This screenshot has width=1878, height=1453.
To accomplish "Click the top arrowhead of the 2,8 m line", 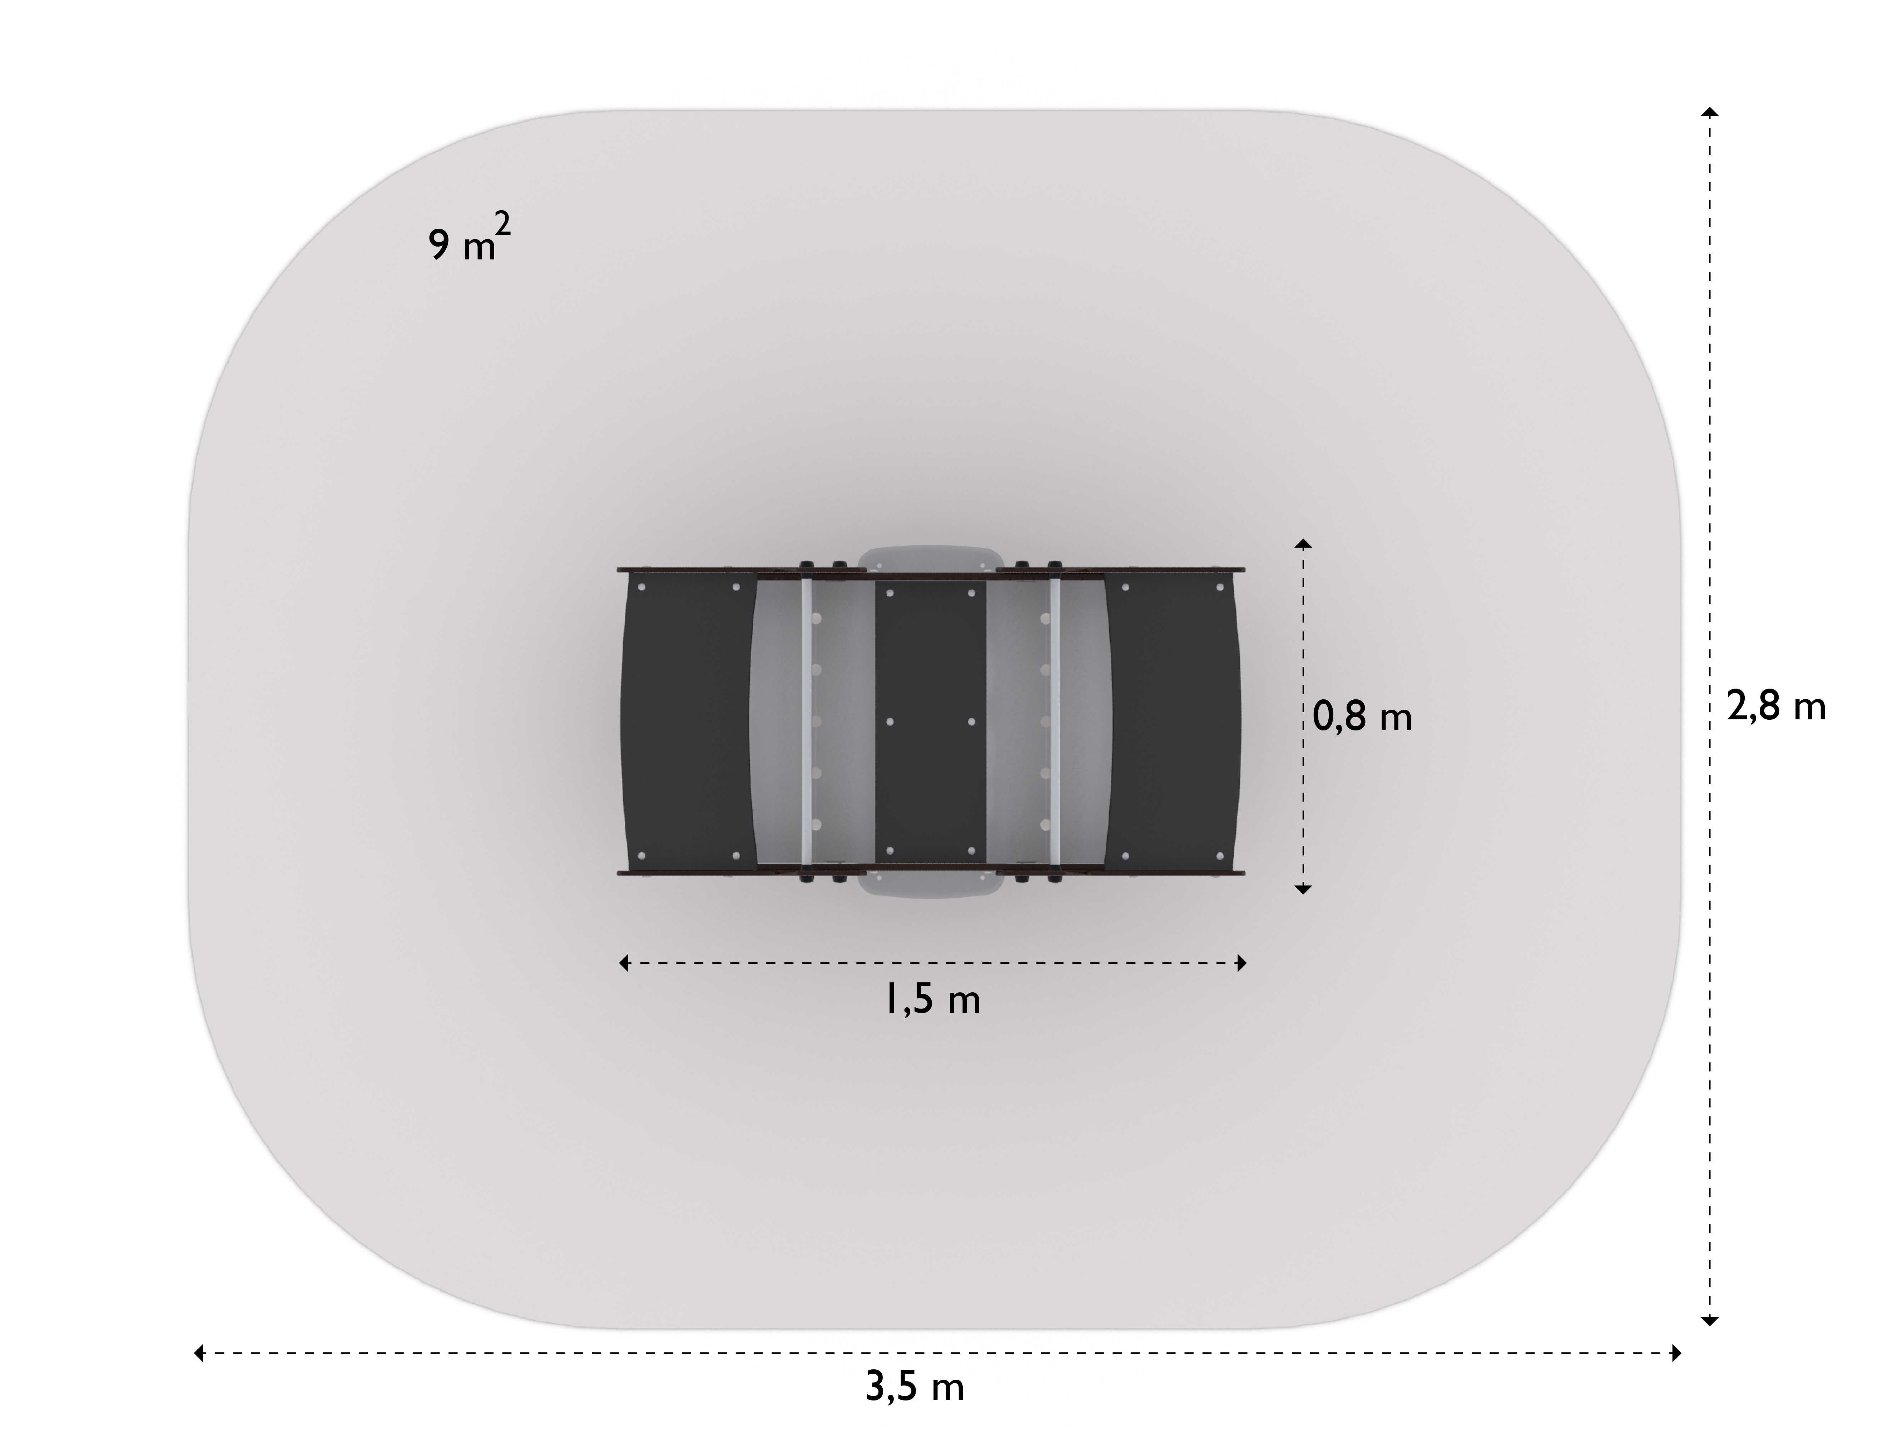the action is click(x=1709, y=112).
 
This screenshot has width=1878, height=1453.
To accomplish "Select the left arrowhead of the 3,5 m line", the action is click(x=199, y=1353).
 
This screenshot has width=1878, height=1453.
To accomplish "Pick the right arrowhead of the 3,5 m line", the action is click(x=1676, y=1353).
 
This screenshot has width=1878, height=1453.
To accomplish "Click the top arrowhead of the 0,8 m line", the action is click(x=1304, y=544).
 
